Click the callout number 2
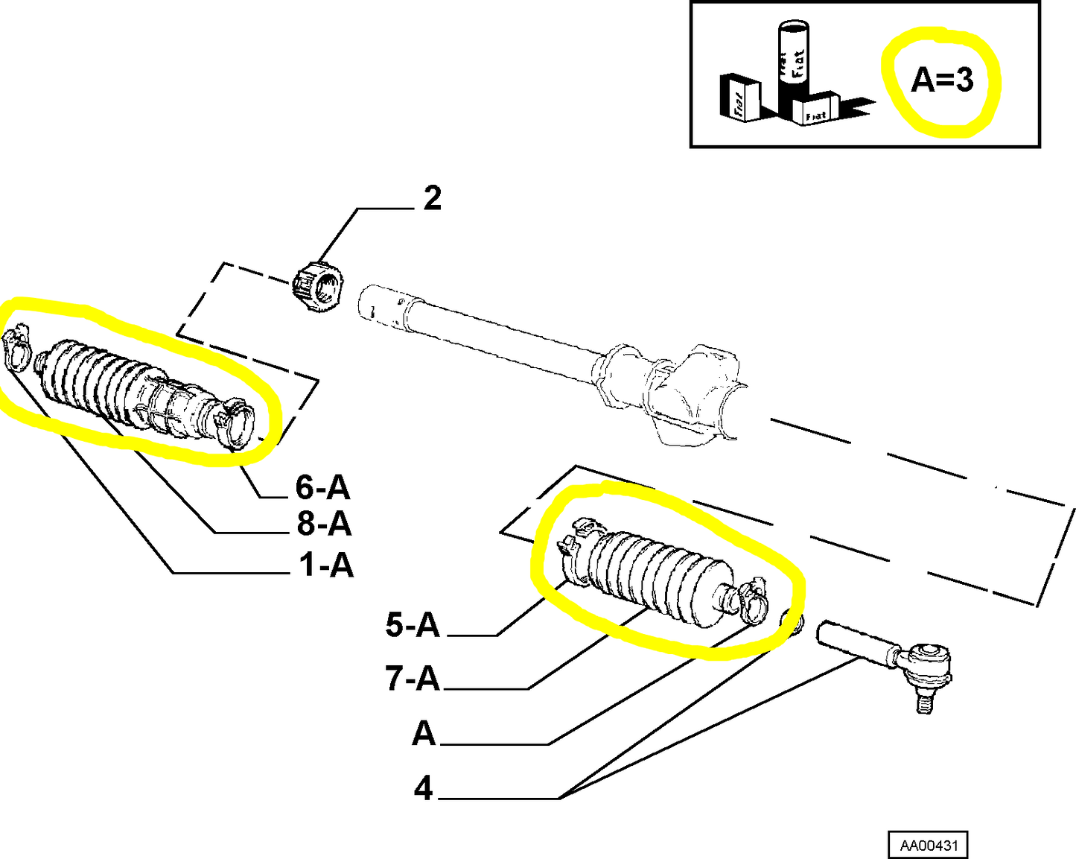pos(433,199)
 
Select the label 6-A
pos(322,487)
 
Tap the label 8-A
pos(324,524)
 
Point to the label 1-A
pos(325,565)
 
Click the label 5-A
pos(413,624)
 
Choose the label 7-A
pos(413,679)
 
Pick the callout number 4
pos(424,787)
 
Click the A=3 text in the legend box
pos(942,79)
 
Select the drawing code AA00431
pos(929,846)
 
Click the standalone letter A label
pos(424,734)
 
